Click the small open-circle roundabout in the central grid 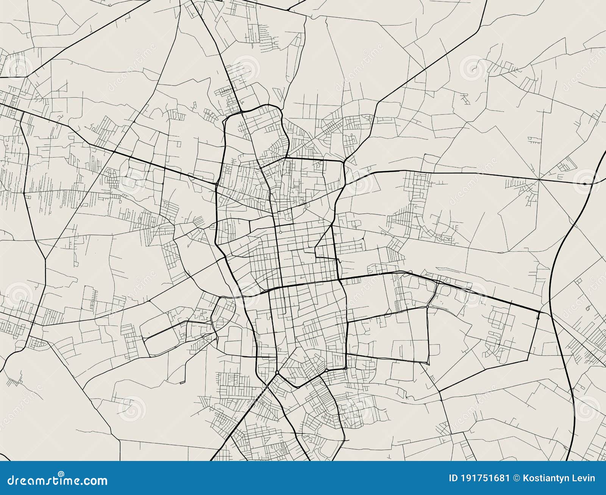pyautogui.click(x=280, y=232)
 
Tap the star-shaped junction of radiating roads pyautogui.click(x=538, y=180)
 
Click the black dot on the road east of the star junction pyautogui.click(x=585, y=184)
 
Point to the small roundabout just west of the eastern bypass pyautogui.click(x=538, y=318)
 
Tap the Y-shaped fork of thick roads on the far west pyautogui.click(x=45, y=259)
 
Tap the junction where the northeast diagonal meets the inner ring pyautogui.click(x=344, y=163)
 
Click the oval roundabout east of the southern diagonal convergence pyautogui.click(x=326, y=371)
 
